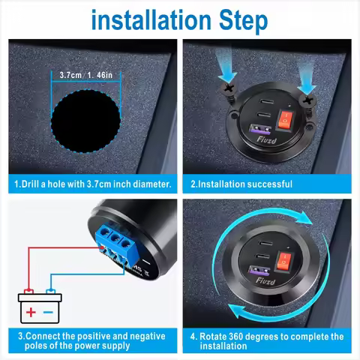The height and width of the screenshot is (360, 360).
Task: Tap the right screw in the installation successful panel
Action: click(x=307, y=95)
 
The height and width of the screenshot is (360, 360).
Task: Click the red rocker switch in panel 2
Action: click(x=286, y=118)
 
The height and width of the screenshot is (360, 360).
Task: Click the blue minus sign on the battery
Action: click(x=49, y=310)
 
